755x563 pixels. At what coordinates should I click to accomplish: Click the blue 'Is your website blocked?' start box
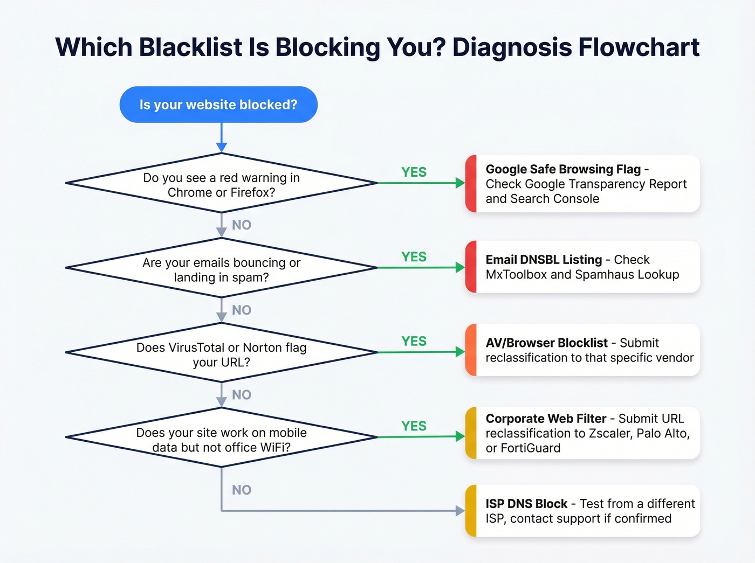[218, 105]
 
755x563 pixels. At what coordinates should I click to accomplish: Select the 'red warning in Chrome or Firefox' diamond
[221, 184]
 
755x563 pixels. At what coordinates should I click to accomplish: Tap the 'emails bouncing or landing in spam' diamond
[221, 268]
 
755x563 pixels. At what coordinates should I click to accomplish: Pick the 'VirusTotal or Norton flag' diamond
[221, 353]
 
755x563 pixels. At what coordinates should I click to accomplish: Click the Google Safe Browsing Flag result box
[582, 184]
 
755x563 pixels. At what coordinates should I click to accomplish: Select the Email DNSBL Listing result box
[582, 267]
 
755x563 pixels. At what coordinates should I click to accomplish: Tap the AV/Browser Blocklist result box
[582, 350]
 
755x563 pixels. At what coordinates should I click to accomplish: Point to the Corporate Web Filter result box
[582, 433]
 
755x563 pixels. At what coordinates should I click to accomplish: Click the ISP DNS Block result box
[582, 511]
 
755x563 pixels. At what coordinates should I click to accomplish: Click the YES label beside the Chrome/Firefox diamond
[414, 172]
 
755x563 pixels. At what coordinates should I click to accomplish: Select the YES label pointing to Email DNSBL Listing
[414, 257]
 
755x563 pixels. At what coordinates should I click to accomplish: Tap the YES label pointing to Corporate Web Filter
[414, 426]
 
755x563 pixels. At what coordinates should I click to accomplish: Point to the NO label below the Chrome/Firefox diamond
[242, 225]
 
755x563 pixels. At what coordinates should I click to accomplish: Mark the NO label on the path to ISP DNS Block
[242, 490]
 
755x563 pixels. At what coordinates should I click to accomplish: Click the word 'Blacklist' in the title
[190, 47]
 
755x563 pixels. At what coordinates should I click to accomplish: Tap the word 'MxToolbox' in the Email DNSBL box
[516, 274]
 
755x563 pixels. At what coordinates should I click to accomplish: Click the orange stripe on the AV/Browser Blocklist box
[471, 350]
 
